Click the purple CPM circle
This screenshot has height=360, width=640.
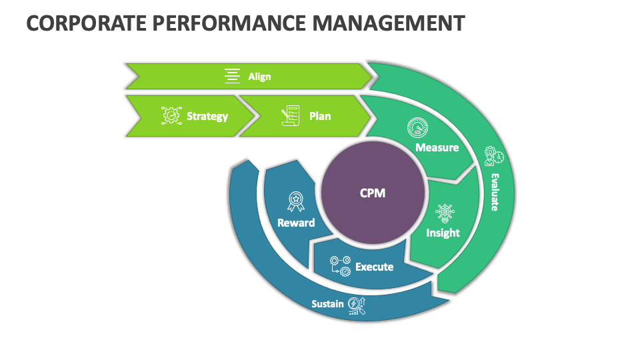click(x=373, y=193)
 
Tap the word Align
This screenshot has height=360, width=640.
click(x=259, y=76)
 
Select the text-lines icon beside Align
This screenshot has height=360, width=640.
click(x=232, y=76)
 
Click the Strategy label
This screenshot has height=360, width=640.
click(x=207, y=116)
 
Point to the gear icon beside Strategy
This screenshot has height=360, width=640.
click(x=171, y=116)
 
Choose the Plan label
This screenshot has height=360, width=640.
click(x=320, y=116)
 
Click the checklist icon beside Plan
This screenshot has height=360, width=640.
click(x=289, y=115)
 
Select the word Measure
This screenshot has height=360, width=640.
click(x=437, y=147)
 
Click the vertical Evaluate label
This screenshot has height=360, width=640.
click(x=495, y=192)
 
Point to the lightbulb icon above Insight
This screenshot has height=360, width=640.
click(x=445, y=213)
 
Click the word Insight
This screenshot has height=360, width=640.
click(x=443, y=233)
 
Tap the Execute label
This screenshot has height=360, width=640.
click(x=374, y=267)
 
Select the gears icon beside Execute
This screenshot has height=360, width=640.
click(x=341, y=266)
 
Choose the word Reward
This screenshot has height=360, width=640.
click(x=296, y=223)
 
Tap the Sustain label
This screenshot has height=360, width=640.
click(x=327, y=304)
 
